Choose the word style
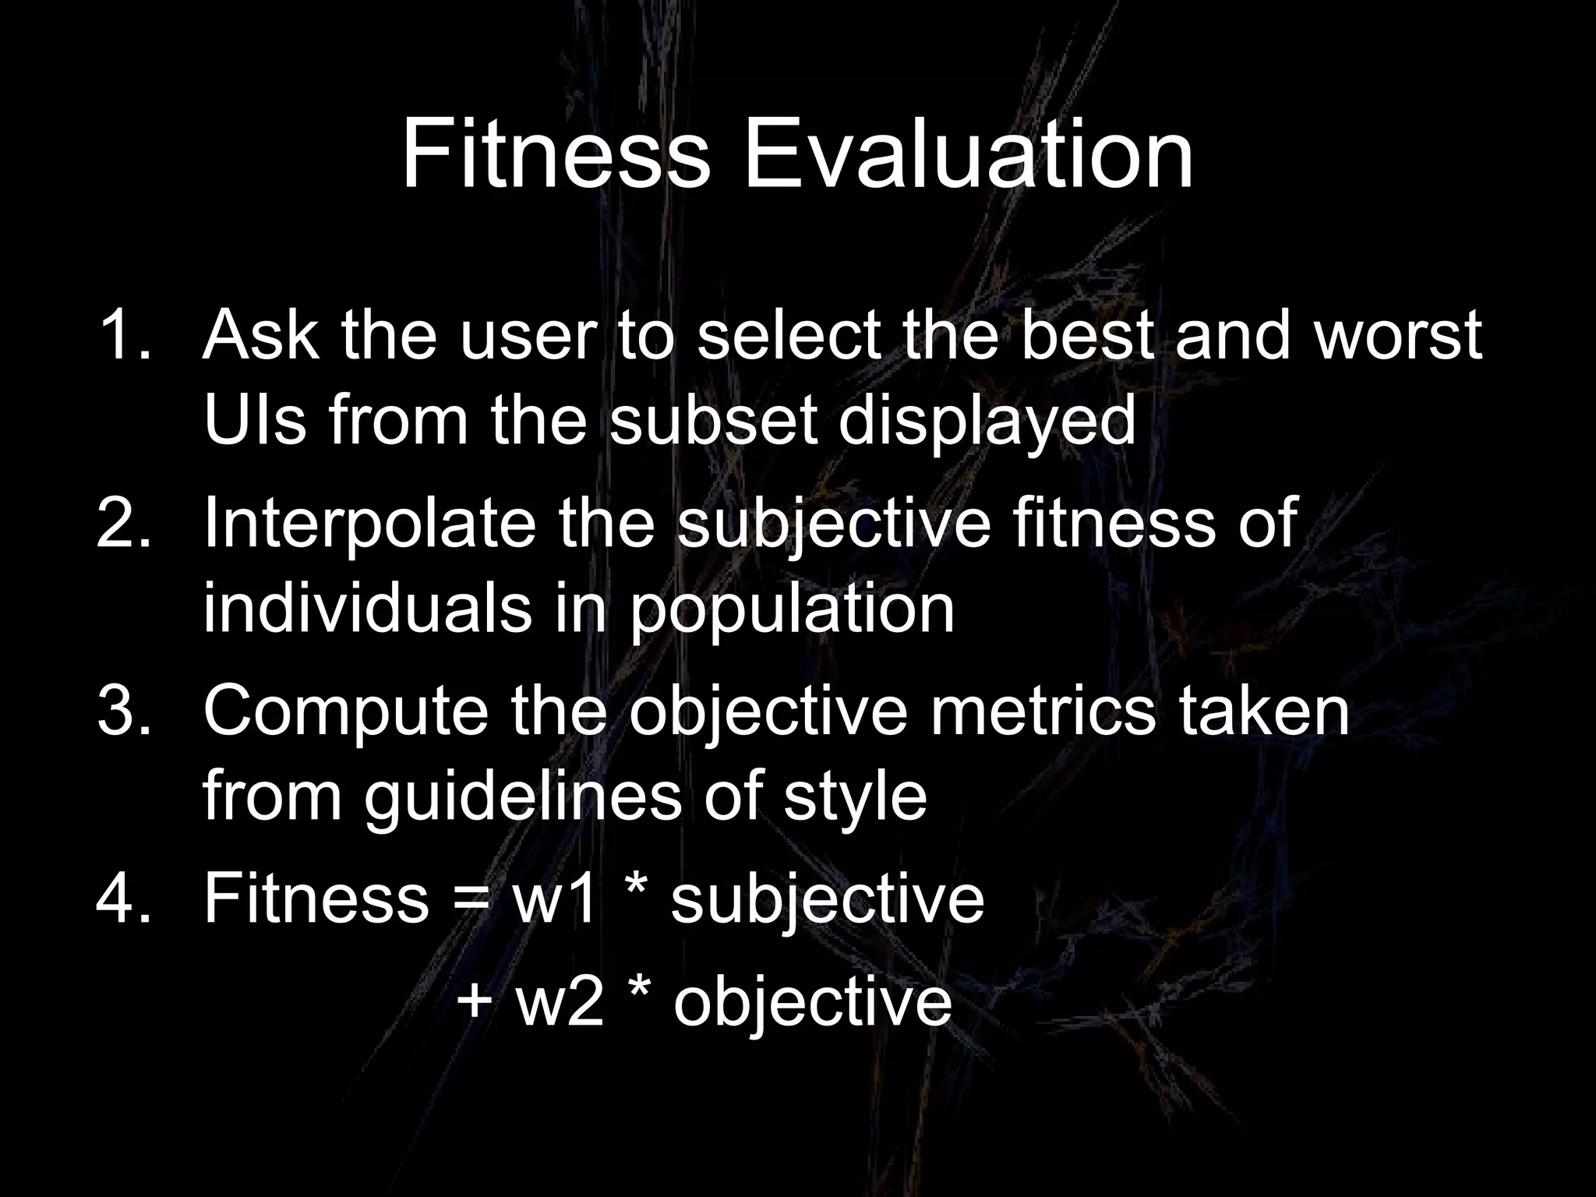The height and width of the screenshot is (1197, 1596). coord(855,799)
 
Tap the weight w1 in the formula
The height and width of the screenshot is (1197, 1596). coord(555,899)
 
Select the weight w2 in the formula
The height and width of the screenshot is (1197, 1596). coord(560,1002)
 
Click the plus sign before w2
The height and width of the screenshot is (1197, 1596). coord(475,1001)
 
